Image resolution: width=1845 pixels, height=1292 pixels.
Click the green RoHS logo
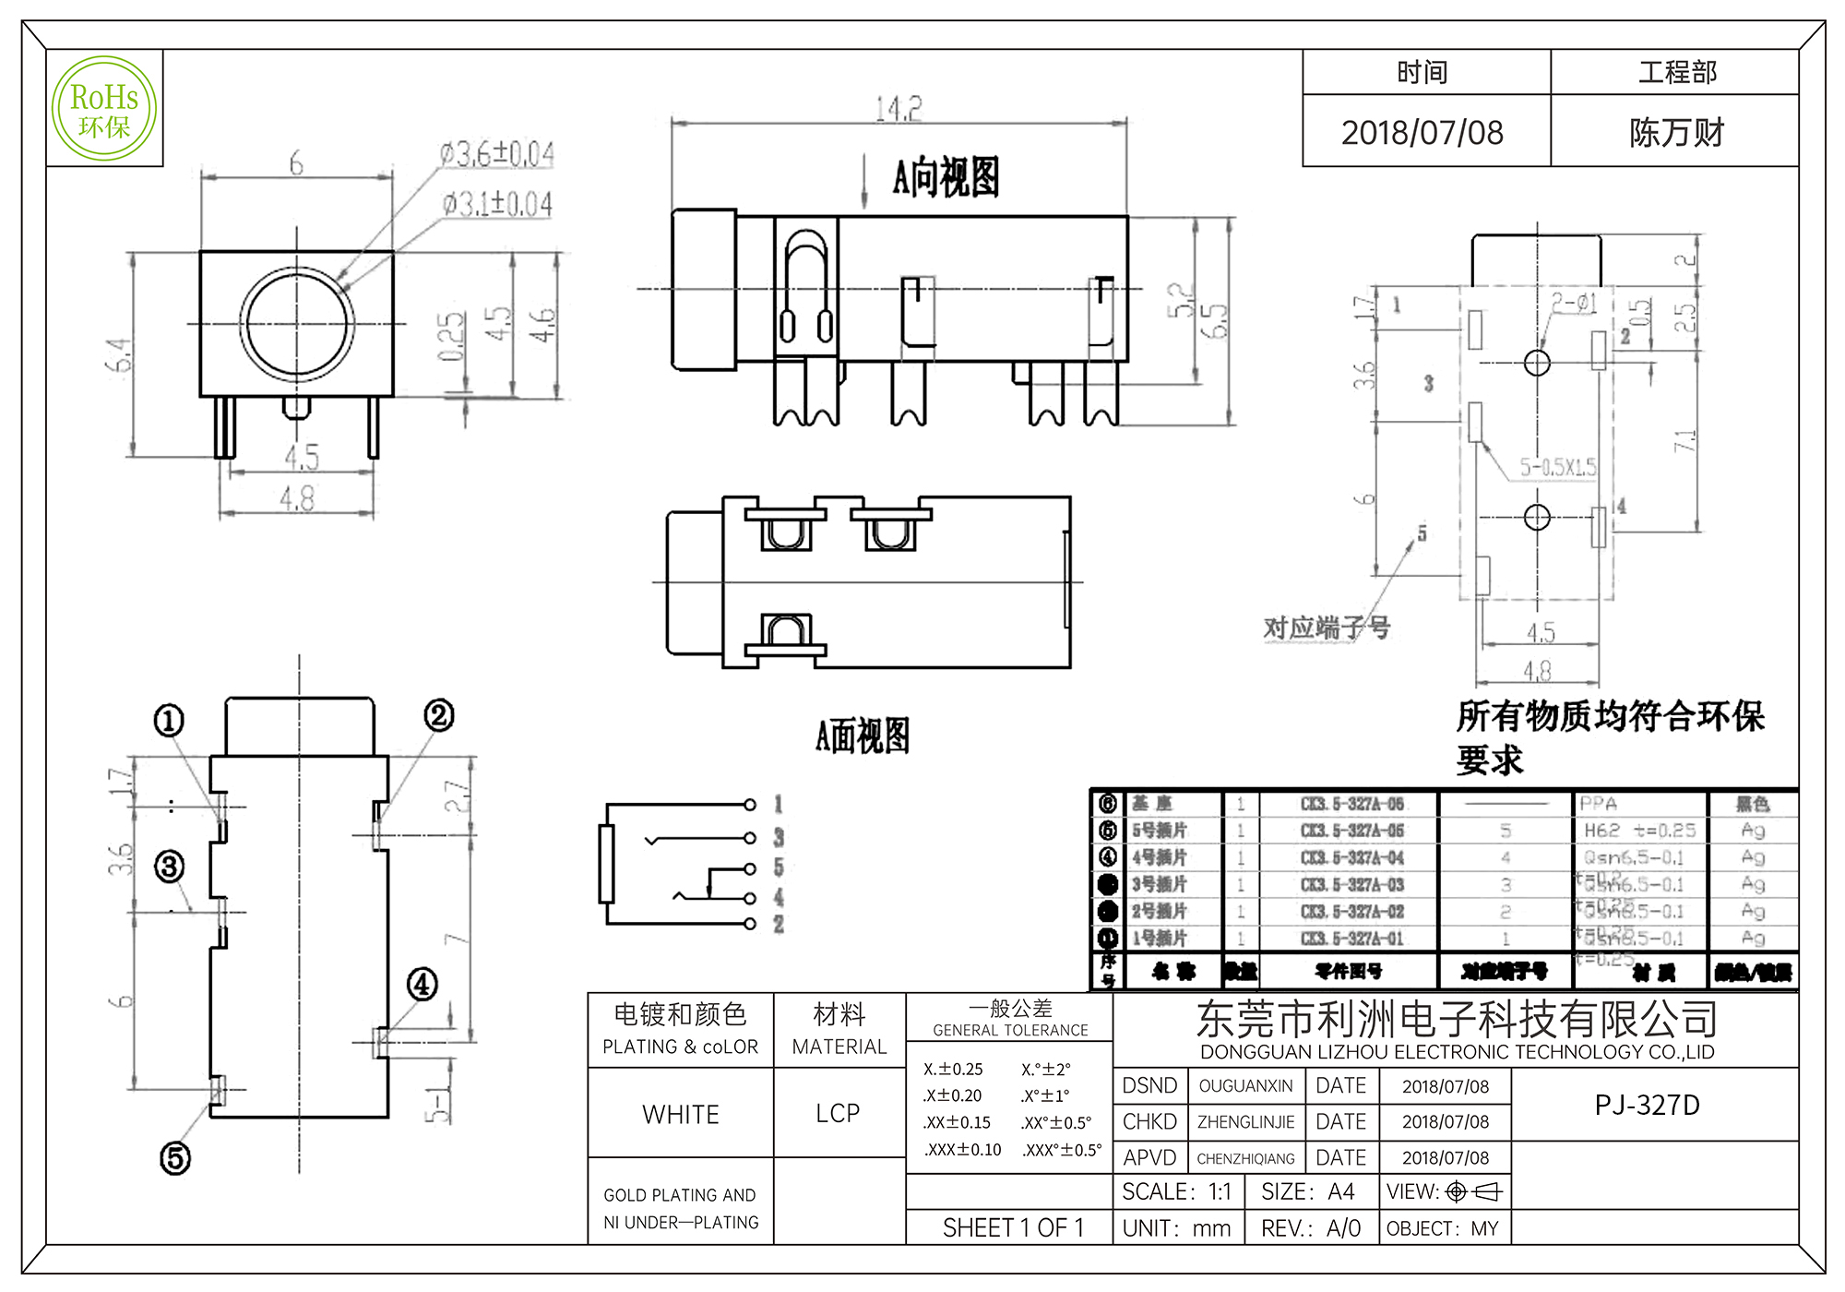104,109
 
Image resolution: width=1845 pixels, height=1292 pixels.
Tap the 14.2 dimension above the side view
899,109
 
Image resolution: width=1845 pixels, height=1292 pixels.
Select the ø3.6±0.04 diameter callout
497,154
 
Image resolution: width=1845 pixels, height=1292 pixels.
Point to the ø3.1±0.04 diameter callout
497,203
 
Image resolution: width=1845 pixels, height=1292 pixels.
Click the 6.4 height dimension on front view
119,355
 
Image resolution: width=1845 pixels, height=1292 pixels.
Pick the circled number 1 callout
168,721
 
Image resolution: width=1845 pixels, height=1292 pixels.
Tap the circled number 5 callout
175,1158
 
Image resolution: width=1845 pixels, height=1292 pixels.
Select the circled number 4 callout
423,984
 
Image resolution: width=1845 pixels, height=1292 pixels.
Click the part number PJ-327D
1647,1105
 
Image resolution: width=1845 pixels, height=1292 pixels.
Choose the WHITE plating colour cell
681,1114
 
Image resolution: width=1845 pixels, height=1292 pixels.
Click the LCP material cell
838,1113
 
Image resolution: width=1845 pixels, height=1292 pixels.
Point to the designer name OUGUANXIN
1245,1086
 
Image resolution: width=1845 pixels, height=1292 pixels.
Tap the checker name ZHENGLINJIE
1245,1122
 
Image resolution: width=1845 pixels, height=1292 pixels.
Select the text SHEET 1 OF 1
1012,1227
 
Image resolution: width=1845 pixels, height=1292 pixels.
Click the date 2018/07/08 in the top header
1422,133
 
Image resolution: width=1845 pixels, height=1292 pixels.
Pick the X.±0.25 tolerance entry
953,1069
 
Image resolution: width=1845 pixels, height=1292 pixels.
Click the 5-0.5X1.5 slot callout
1558,467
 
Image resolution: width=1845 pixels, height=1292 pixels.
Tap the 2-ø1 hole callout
1573,303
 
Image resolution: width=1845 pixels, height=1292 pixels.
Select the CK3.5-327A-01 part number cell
1351,939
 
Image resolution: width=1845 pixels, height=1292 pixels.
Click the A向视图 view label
946,177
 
